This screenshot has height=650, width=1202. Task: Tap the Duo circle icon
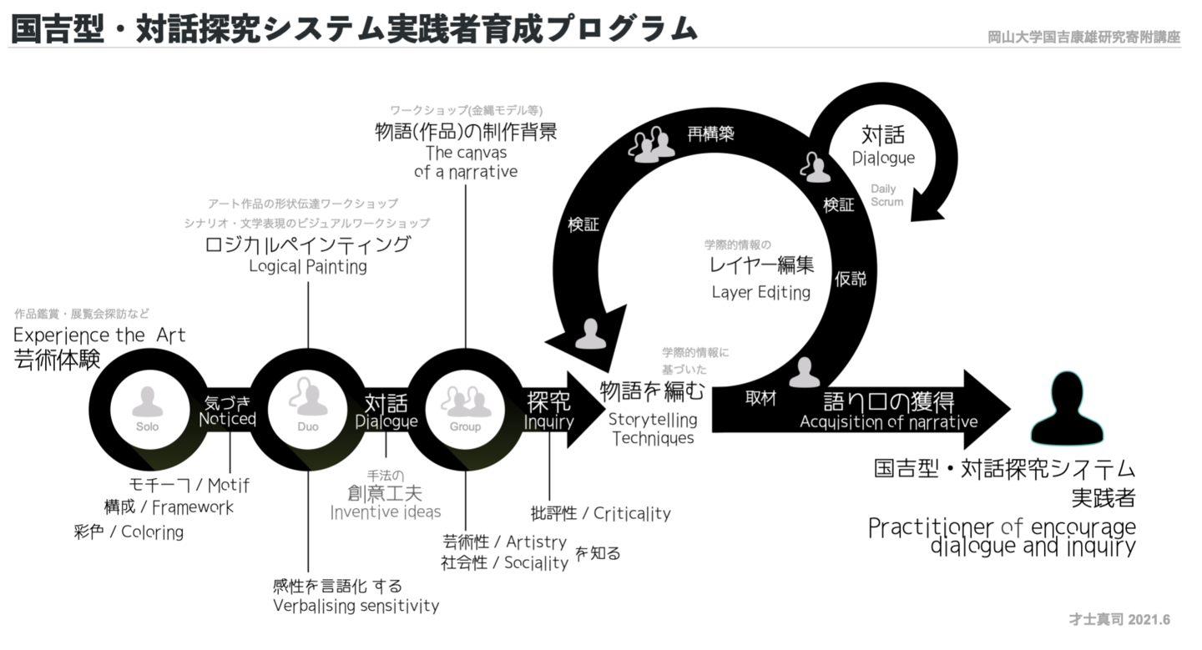(x=307, y=407)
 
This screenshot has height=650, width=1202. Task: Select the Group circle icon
(x=466, y=407)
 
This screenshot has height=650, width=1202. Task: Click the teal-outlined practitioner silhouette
(x=1063, y=409)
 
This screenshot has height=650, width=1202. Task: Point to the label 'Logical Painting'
(x=308, y=267)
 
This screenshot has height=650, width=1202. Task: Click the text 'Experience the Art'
(x=99, y=335)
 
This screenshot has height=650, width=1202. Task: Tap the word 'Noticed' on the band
(x=227, y=419)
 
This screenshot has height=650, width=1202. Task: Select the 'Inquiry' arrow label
(x=548, y=422)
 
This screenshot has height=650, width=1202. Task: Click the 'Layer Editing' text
(x=760, y=293)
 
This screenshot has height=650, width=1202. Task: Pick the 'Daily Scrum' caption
(x=886, y=195)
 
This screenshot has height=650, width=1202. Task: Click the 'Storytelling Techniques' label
(x=653, y=428)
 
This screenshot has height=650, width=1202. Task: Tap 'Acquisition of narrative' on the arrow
(x=888, y=422)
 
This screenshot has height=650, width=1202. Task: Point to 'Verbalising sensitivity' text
(x=356, y=606)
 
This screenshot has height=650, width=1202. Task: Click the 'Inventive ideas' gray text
(x=385, y=511)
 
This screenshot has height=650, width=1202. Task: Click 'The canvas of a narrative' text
(x=466, y=163)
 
